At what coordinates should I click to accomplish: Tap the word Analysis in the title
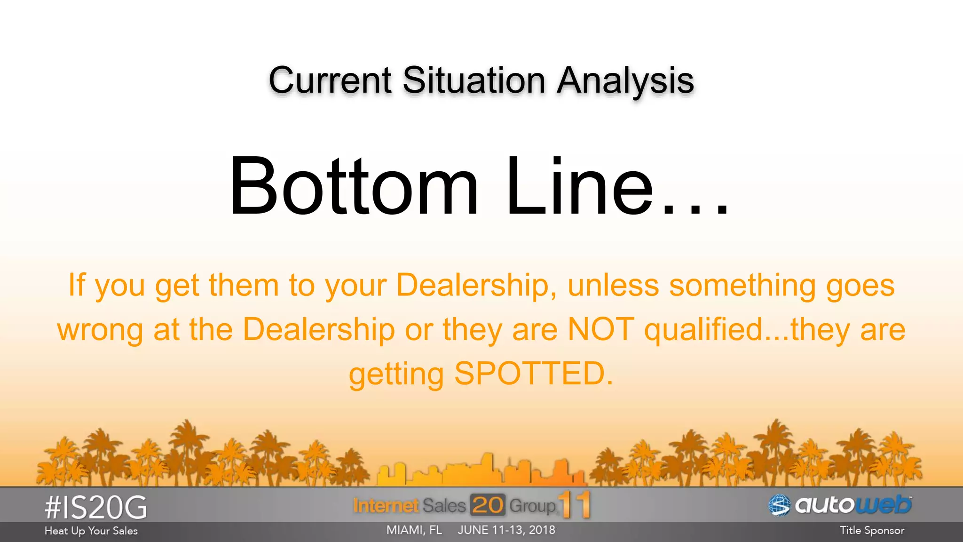[625, 81]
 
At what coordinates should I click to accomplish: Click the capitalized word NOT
[601, 329]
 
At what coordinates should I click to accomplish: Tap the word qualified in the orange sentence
[703, 329]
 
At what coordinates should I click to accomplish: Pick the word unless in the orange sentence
[613, 285]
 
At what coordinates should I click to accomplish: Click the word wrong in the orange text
[100, 330]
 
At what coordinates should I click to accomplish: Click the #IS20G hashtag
[96, 507]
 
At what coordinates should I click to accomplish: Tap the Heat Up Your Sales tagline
[91, 531]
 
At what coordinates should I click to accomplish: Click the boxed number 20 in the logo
[488, 505]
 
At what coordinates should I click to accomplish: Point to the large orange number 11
[574, 505]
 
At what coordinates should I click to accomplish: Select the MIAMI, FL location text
[414, 530]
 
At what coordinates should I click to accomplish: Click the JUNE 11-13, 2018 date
[506, 530]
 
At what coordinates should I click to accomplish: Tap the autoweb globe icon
[780, 505]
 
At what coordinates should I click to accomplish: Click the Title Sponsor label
[872, 530]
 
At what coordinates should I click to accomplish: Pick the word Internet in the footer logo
[386, 506]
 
